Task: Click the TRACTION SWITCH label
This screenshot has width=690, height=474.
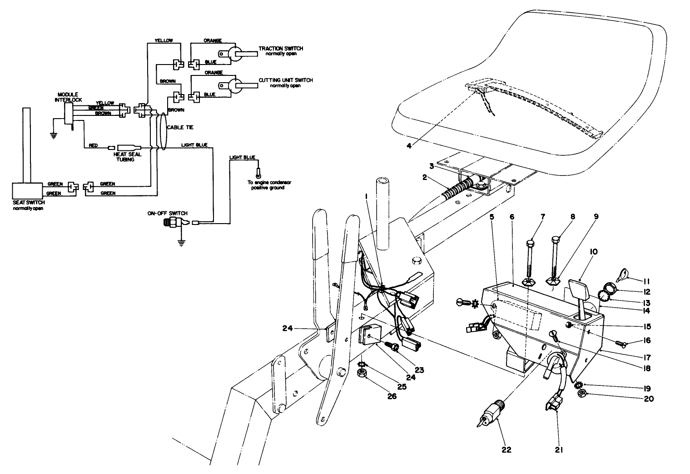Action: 281,49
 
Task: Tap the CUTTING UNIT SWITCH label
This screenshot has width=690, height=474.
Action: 286,80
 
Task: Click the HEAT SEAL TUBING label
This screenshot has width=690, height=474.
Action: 126,157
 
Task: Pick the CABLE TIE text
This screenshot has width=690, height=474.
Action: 175,128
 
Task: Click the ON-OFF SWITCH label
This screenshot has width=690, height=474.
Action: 167,213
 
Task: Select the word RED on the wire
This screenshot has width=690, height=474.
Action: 93,145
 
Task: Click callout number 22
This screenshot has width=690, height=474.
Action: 506,449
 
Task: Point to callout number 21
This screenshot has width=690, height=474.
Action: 559,449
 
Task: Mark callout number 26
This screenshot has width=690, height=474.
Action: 392,396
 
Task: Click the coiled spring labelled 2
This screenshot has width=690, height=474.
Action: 457,191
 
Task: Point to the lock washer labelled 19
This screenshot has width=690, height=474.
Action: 578,386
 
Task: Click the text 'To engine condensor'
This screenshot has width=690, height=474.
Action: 269,182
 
